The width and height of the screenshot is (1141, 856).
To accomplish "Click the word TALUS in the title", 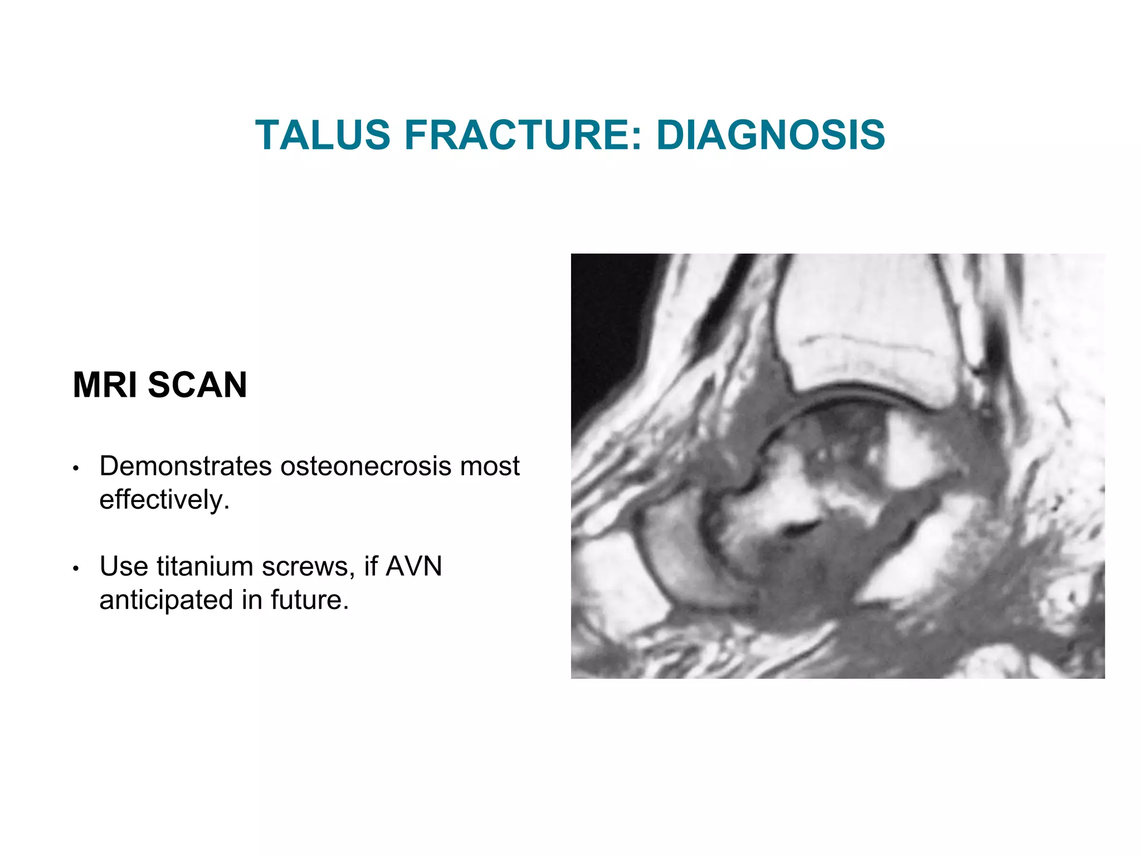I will pos(323,135).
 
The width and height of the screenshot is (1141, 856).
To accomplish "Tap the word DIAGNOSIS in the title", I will pos(771,135).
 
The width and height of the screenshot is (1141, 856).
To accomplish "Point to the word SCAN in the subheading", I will pos(197,385).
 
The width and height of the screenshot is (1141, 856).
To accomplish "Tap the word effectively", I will pos(164,499).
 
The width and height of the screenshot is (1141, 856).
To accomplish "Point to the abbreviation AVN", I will pos(414,567).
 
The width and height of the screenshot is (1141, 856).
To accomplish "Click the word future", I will pos(310,600).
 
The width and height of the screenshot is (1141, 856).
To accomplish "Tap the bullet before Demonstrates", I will pos(76,468).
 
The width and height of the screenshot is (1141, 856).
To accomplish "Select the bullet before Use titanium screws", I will pos(76,568).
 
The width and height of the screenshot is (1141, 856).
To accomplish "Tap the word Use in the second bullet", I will pos(124,567).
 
